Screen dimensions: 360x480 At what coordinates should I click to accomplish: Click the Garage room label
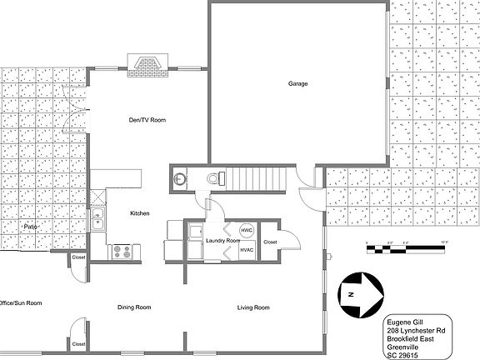click(x=297, y=84)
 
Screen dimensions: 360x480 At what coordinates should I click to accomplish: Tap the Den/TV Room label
click(x=148, y=120)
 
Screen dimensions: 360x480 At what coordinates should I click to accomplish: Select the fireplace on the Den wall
click(x=147, y=64)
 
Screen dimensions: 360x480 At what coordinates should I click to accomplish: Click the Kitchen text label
click(x=139, y=213)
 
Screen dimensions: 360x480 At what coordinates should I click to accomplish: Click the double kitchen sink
click(x=98, y=220)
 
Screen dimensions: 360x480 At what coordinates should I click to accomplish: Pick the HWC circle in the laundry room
click(x=247, y=231)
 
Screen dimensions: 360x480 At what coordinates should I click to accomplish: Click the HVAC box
click(x=247, y=249)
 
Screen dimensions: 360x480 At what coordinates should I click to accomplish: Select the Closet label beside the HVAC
click(x=270, y=242)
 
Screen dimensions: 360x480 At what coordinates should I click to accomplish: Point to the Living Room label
click(x=253, y=307)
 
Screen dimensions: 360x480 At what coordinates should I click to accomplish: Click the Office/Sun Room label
click(x=20, y=302)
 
